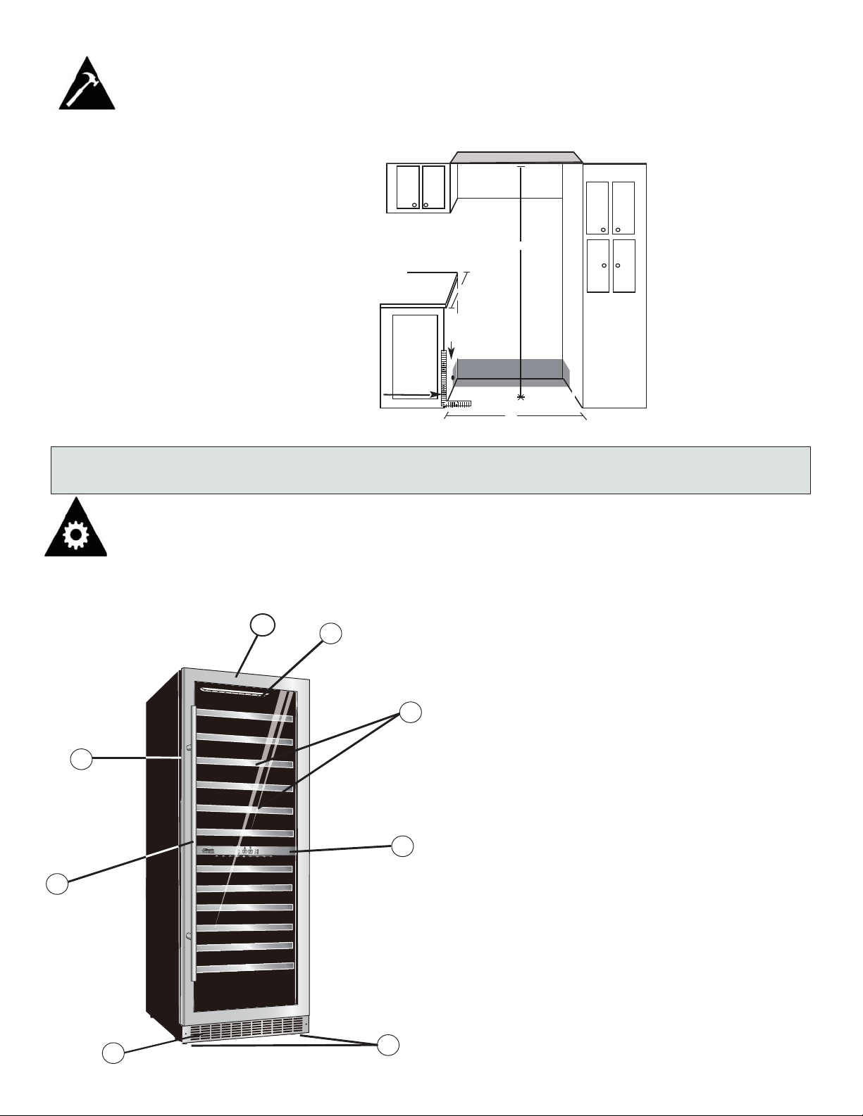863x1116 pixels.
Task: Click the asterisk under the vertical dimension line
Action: point(521,399)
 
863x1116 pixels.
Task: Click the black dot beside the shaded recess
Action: point(453,379)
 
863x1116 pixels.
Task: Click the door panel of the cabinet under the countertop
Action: point(415,356)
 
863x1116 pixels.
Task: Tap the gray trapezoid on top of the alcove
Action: point(517,156)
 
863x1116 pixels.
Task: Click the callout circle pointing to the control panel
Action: point(402,846)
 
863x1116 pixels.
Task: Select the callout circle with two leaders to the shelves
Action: point(410,712)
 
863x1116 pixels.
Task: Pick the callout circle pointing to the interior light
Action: point(331,633)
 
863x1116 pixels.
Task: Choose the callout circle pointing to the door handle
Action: point(57,883)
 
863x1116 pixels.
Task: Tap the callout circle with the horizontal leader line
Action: point(81,759)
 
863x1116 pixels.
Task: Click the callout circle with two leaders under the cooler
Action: point(387,1045)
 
